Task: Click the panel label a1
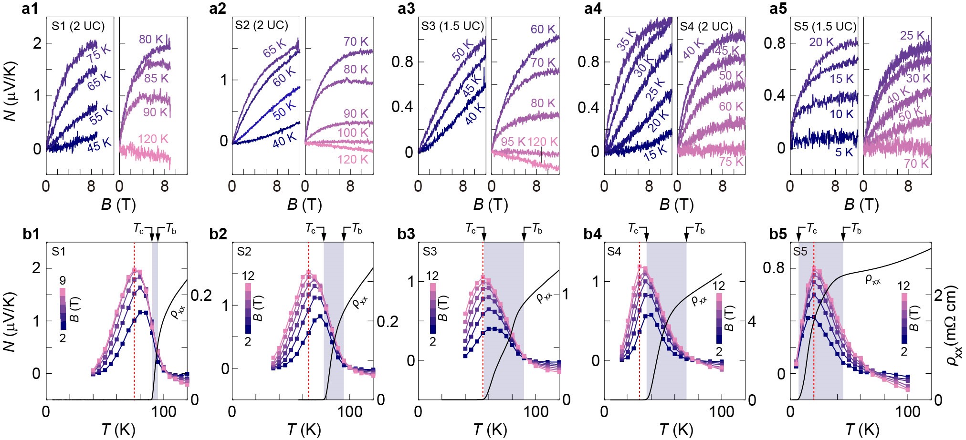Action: (30, 9)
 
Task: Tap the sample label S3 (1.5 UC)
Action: (452, 26)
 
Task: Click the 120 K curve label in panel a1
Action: (153, 139)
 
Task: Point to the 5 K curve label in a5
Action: (844, 153)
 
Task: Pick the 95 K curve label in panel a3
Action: (513, 142)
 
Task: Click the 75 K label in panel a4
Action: (731, 162)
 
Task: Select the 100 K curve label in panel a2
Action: (353, 133)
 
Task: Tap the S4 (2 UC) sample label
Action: (706, 26)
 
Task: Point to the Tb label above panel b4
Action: (699, 229)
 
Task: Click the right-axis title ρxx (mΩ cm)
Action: (952, 325)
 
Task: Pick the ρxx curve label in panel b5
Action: (873, 280)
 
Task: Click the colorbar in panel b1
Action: (63, 309)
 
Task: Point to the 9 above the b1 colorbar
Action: (63, 280)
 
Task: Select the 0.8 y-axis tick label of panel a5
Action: (774, 43)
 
